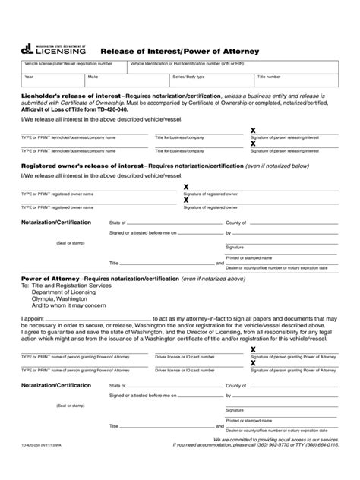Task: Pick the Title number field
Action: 296,80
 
